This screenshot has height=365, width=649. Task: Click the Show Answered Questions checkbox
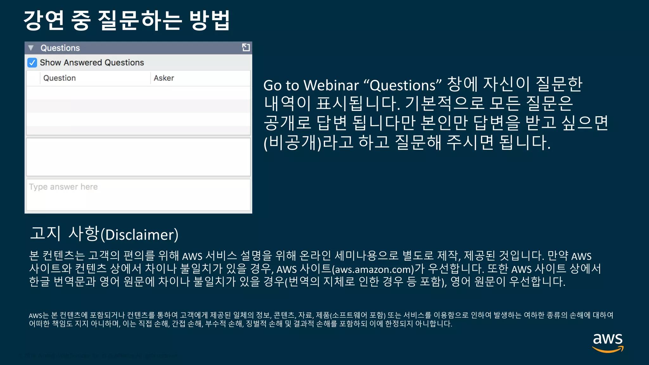(x=32, y=62)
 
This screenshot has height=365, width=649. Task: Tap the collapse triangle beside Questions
(x=31, y=48)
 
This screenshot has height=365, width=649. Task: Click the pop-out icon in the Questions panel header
(x=246, y=48)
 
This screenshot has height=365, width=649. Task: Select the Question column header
(x=60, y=78)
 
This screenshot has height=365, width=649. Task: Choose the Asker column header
(x=164, y=78)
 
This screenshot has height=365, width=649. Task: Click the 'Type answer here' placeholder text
(x=63, y=187)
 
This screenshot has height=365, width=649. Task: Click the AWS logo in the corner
(x=607, y=342)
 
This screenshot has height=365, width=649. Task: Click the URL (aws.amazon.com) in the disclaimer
(x=373, y=269)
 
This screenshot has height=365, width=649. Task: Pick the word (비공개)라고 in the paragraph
(x=308, y=142)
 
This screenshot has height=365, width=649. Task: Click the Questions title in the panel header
(x=60, y=48)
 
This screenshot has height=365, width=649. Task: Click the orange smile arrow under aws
(x=607, y=349)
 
